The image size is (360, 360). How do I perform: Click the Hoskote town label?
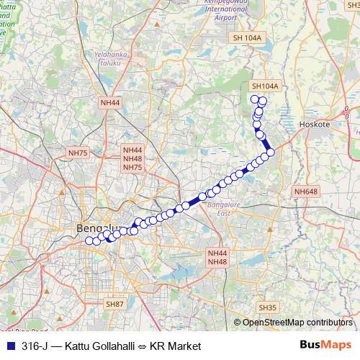click(x=314, y=124)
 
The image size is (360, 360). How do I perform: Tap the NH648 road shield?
click(x=305, y=192)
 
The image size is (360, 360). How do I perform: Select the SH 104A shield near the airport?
click(x=246, y=37)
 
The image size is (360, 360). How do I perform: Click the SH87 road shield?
click(x=115, y=305)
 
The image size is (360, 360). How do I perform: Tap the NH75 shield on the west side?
click(x=77, y=153)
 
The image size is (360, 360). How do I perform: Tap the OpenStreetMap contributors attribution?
click(x=297, y=323)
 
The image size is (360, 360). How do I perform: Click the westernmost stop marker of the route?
click(x=89, y=241)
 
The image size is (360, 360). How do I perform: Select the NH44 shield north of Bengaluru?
click(x=110, y=102)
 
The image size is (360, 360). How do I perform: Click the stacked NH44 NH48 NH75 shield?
click(x=132, y=158)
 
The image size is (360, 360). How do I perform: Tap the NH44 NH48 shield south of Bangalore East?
click(x=217, y=258)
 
